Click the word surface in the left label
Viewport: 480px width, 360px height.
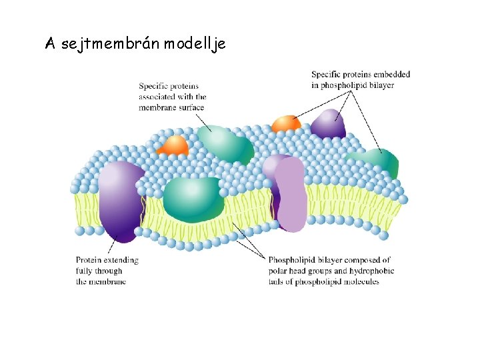coord(189,107)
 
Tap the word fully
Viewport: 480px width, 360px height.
coord(85,271)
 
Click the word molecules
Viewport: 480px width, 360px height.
coord(360,281)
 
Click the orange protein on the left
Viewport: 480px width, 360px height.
coord(176,145)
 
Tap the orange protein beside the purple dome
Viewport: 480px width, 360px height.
coord(286,123)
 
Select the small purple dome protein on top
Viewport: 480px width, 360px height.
coord(328,125)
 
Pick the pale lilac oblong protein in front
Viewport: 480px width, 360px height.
coord(291,195)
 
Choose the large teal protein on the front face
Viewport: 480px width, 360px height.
coord(193,198)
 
